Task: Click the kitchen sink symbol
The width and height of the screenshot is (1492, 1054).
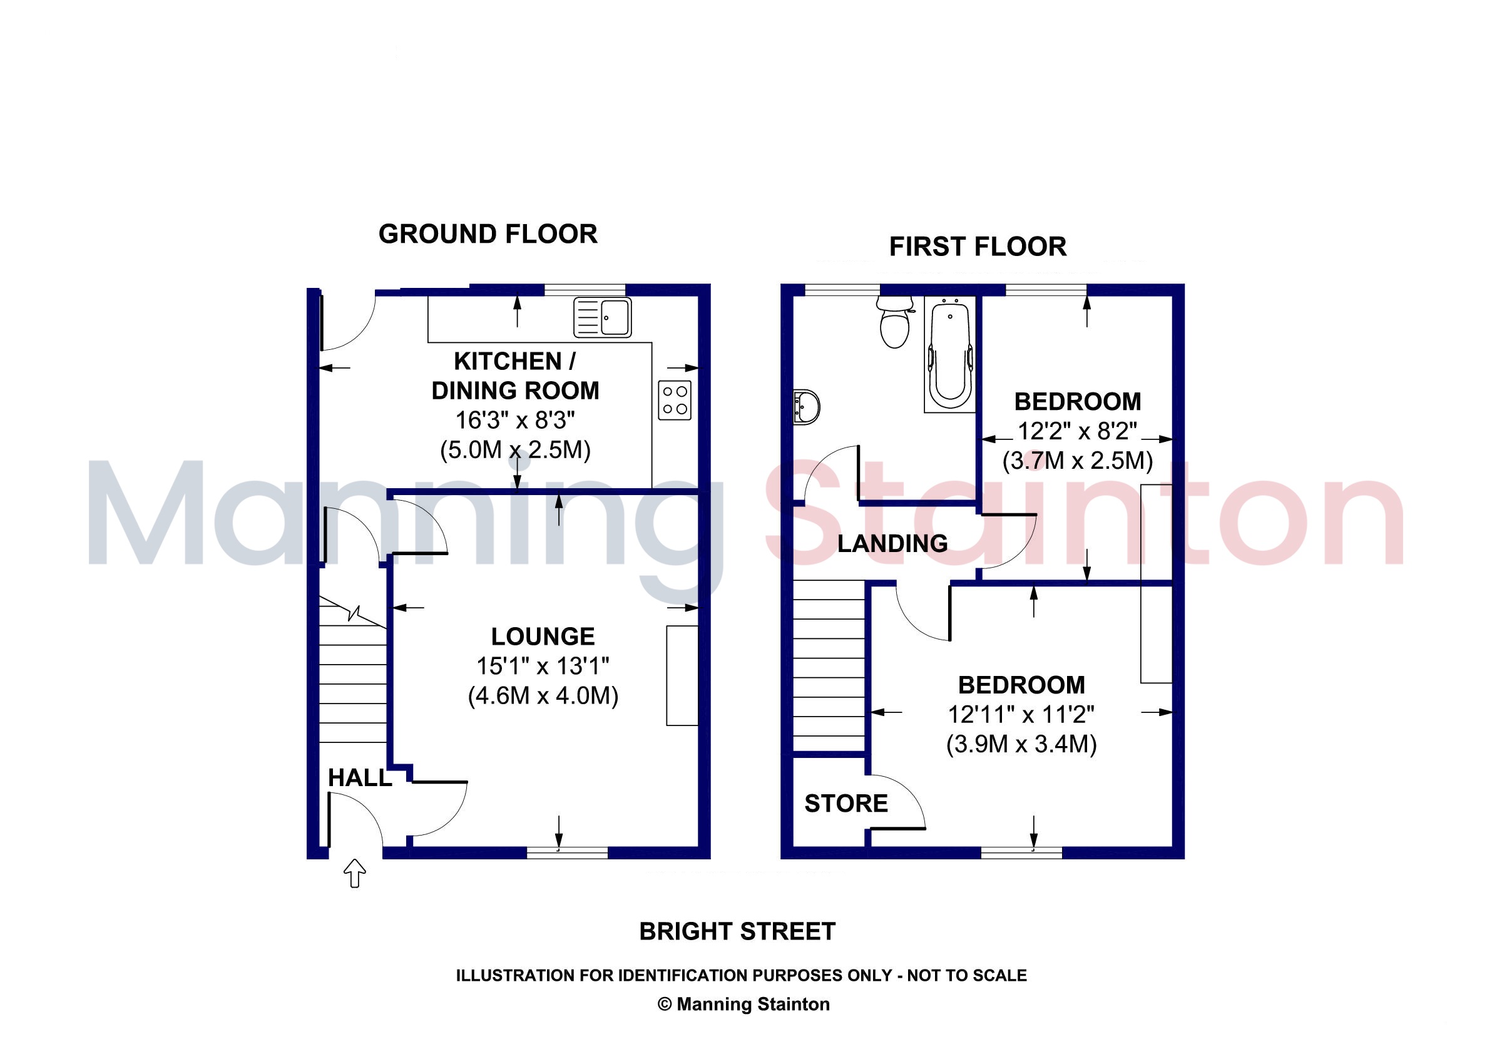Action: point(603,318)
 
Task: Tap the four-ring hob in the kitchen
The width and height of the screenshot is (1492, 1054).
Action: point(675,401)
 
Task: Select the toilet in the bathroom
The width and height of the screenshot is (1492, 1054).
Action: point(895,322)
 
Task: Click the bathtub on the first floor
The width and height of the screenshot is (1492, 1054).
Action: point(950,354)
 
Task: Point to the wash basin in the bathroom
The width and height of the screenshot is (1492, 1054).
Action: point(807,407)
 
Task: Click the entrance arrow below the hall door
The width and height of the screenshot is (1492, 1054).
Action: point(354,872)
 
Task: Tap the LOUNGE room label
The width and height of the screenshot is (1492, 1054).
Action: point(543,636)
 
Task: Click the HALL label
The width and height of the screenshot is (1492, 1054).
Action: point(359,778)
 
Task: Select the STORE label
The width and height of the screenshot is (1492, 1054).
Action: point(846,804)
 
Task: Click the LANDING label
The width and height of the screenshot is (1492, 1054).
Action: point(892,543)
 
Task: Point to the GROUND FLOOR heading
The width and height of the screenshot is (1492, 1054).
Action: point(488,234)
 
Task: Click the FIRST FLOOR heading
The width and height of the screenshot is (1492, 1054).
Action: point(978,247)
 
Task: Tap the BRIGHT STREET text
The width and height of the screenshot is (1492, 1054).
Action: point(738,931)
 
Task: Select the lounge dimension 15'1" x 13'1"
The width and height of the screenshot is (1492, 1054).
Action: point(543,666)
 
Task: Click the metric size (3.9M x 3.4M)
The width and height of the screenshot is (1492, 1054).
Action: point(1021,744)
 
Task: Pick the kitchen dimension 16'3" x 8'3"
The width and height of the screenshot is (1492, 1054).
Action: point(515,421)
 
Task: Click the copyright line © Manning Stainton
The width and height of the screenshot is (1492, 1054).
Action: point(744,1005)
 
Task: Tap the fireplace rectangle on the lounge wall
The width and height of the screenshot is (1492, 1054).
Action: point(682,675)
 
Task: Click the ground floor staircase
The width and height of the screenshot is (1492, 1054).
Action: point(353,669)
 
